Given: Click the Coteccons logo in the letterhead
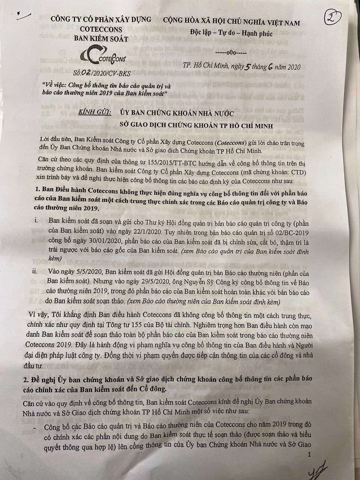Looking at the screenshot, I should coord(105,56).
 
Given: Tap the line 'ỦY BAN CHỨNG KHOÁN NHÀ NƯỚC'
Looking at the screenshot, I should coord(177,113).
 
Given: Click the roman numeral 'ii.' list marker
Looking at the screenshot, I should coord(35,271).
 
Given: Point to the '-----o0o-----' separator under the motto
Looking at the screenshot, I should coord(233,53).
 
